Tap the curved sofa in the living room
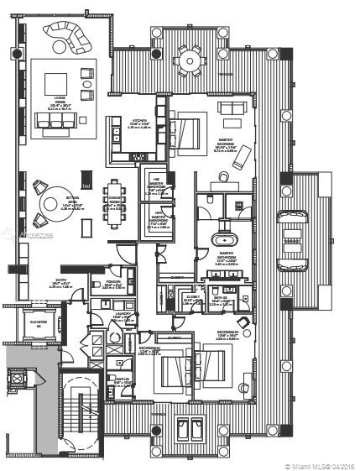pyautogui.click(x=67, y=35)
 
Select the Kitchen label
pyautogui.click(x=139, y=123)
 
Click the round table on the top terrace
pyautogui.click(x=189, y=59)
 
